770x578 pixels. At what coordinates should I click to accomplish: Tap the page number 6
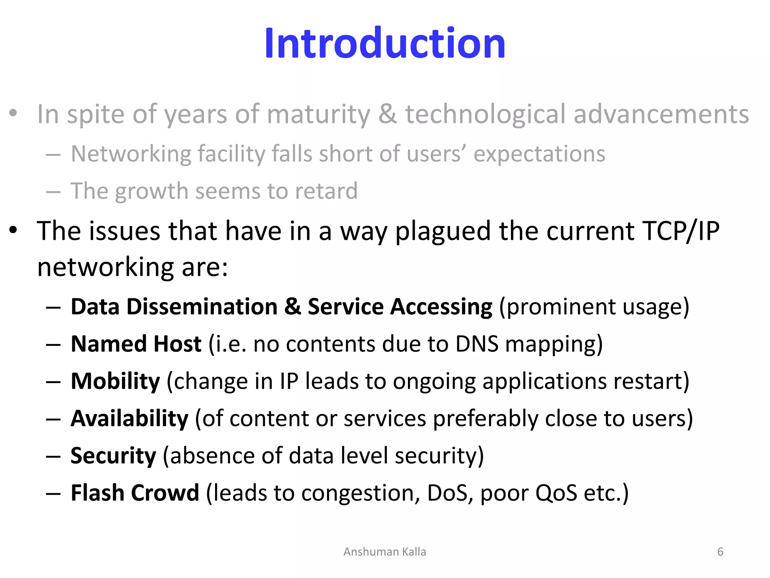tap(720, 552)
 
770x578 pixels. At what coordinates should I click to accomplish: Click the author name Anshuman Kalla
tap(385, 552)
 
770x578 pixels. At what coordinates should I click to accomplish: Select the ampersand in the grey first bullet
tap(387, 114)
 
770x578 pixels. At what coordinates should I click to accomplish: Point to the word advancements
tap(661, 114)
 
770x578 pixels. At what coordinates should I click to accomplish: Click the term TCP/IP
tap(681, 231)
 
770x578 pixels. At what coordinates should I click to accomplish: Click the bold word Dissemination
tap(202, 306)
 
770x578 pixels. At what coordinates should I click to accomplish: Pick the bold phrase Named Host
tap(136, 344)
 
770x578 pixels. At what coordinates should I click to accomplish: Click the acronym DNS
tap(477, 344)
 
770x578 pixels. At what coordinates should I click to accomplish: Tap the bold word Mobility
tap(115, 381)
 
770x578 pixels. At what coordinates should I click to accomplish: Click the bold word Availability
tap(129, 418)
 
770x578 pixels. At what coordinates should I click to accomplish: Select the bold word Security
tap(113, 456)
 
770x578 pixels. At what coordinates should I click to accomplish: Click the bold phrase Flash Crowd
tap(135, 493)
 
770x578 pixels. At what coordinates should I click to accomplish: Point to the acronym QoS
tap(556, 493)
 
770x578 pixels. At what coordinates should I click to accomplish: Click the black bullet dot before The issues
tap(14, 230)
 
